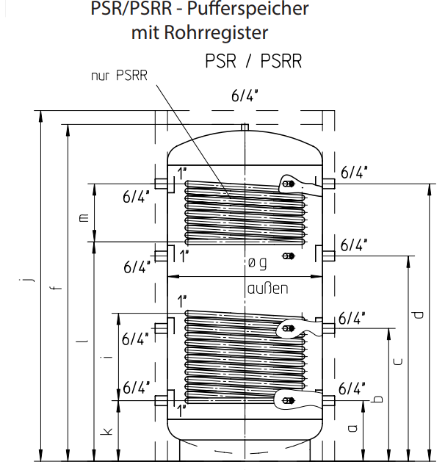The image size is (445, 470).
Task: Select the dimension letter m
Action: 83,217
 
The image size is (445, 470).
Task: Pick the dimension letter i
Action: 107,355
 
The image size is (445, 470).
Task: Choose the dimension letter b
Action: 377,399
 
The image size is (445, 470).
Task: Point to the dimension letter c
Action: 397,361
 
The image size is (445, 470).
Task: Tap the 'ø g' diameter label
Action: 257,262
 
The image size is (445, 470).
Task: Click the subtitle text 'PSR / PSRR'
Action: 253,61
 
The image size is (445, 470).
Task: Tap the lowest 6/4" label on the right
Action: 352,387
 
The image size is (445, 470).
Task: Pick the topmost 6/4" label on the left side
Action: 136,196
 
